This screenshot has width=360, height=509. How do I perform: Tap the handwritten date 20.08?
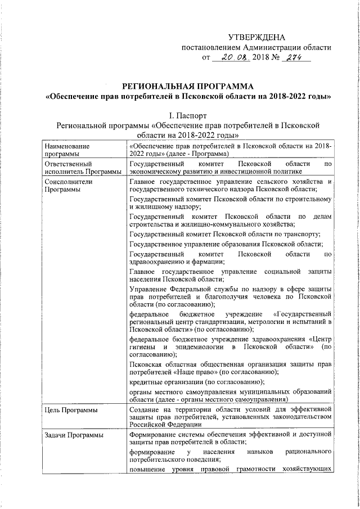point(231,57)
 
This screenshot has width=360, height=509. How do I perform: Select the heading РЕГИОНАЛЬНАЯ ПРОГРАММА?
point(188,86)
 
